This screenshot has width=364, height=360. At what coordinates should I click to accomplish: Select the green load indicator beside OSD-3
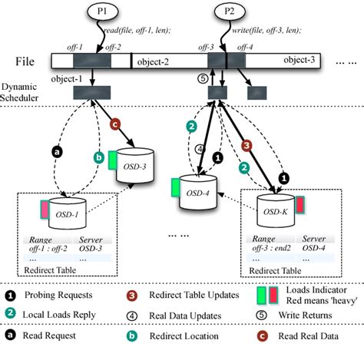112,159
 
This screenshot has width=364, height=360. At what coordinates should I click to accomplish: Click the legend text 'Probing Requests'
61,295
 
